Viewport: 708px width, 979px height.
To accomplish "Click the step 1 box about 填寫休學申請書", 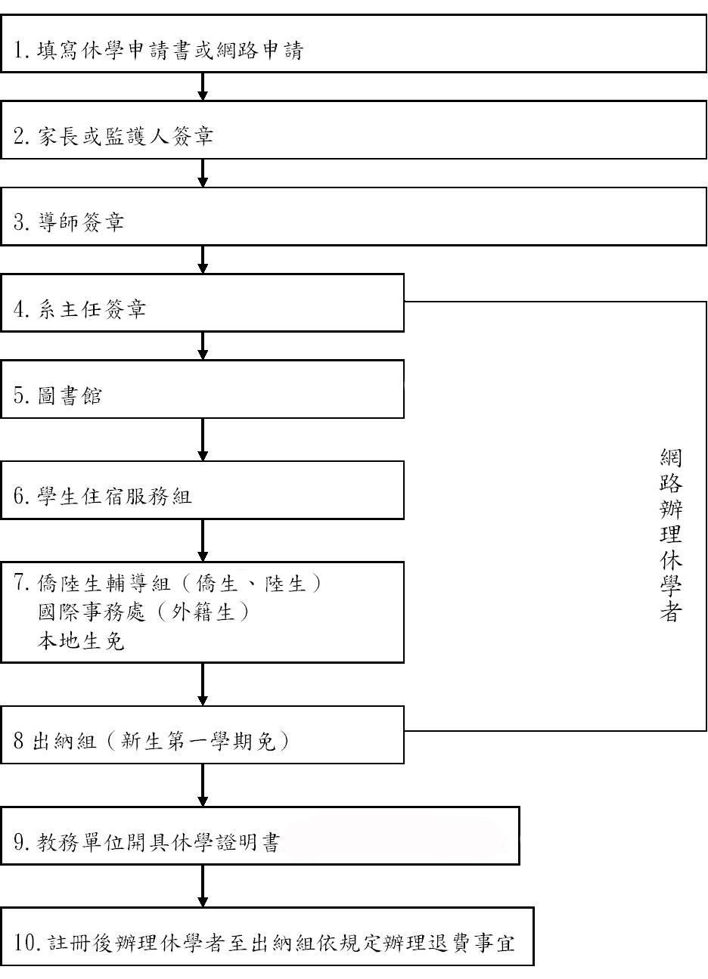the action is pyautogui.click(x=353, y=43).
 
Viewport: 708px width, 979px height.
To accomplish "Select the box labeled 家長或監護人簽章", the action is pyautogui.click(x=353, y=130).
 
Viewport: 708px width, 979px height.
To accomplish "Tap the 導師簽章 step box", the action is pyautogui.click(x=353, y=216).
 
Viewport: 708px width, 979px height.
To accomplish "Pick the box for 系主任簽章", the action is pyautogui.click(x=202, y=303).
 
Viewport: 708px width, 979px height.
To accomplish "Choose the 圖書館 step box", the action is pyautogui.click(x=202, y=389).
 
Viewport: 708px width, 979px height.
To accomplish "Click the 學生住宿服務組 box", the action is pyautogui.click(x=202, y=490).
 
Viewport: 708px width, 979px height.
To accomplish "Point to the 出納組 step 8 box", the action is pyautogui.click(x=202, y=735).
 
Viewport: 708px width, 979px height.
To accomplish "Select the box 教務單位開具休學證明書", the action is pyautogui.click(x=259, y=835).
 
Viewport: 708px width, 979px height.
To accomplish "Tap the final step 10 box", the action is pyautogui.click(x=267, y=937).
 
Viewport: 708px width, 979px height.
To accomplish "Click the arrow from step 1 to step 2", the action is pyautogui.click(x=203, y=86).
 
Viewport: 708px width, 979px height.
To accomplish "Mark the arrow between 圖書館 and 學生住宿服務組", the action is pyautogui.click(x=203, y=440).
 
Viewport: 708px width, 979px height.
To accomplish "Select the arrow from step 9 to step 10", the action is pyautogui.click(x=203, y=886).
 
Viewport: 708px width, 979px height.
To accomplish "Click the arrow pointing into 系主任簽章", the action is pyautogui.click(x=203, y=259).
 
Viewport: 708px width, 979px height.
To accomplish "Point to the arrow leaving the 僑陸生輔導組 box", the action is pyautogui.click(x=203, y=684).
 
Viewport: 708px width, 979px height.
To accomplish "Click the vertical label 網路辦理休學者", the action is pyautogui.click(x=671, y=535).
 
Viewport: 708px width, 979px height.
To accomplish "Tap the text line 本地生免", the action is pyautogui.click(x=81, y=641).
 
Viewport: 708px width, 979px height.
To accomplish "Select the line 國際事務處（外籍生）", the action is pyautogui.click(x=144, y=612).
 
